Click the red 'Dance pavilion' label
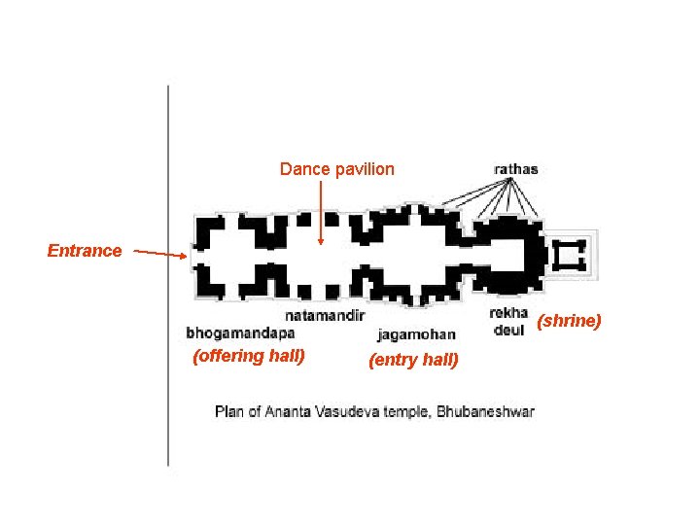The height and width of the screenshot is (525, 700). [337, 169]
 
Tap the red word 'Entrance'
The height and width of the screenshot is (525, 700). [85, 251]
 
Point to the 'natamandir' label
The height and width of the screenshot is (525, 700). [325, 315]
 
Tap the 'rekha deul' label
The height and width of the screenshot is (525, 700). [508, 321]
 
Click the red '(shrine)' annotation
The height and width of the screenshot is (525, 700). [570, 321]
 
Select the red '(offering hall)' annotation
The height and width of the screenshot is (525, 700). [250, 356]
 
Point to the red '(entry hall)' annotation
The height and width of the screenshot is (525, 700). [413, 361]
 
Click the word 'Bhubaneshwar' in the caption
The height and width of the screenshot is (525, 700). [485, 412]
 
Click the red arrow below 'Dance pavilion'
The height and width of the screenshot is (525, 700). [321, 214]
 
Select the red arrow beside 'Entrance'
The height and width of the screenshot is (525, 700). [160, 254]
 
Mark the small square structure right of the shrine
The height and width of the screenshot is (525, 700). [569, 255]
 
